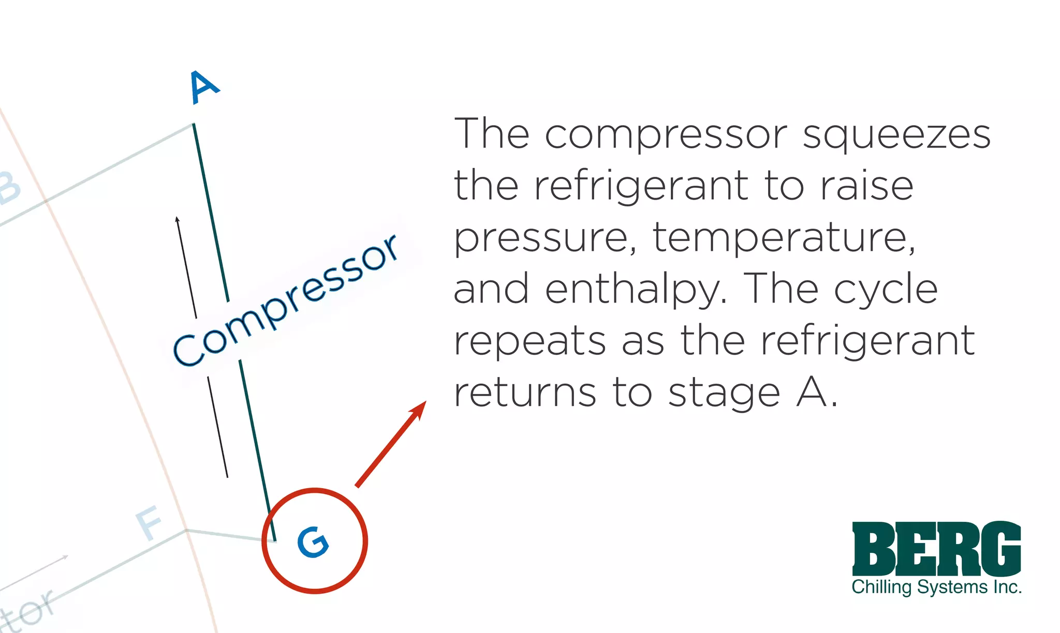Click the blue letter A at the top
(204, 87)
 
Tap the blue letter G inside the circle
(313, 542)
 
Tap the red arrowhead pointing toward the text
(418, 409)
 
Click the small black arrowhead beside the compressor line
(178, 220)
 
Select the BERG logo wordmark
(936, 549)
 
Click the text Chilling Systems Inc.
(936, 587)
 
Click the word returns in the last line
(525, 393)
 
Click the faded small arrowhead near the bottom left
(65, 557)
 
